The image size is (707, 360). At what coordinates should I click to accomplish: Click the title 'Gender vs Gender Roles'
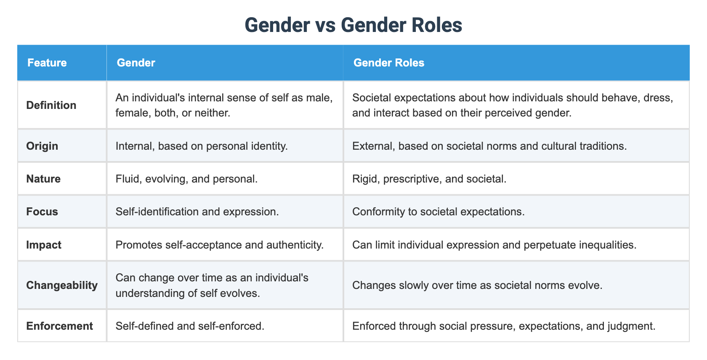[353, 25]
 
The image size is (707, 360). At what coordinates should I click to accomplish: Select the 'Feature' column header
[47, 63]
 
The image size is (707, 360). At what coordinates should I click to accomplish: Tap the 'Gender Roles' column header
[389, 63]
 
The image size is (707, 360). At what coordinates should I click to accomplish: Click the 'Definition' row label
[51, 105]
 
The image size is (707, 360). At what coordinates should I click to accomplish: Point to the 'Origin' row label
[42, 146]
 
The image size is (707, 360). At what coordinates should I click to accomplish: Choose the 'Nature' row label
[43, 179]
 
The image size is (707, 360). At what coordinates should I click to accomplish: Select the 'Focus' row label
[42, 212]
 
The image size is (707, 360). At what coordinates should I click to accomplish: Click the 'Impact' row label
[44, 245]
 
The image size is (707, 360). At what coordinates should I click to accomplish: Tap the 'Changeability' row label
[62, 285]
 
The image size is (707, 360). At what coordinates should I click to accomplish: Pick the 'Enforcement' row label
[60, 326]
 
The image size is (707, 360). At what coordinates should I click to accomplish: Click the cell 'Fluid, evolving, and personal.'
[186, 179]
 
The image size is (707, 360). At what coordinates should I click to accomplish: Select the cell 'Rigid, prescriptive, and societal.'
[429, 179]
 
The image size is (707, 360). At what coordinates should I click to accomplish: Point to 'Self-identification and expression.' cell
[197, 212]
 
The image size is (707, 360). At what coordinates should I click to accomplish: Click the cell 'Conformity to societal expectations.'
[439, 212]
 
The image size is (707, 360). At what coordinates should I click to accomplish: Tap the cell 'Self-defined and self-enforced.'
[190, 326]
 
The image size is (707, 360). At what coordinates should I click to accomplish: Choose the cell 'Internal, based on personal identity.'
[202, 146]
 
